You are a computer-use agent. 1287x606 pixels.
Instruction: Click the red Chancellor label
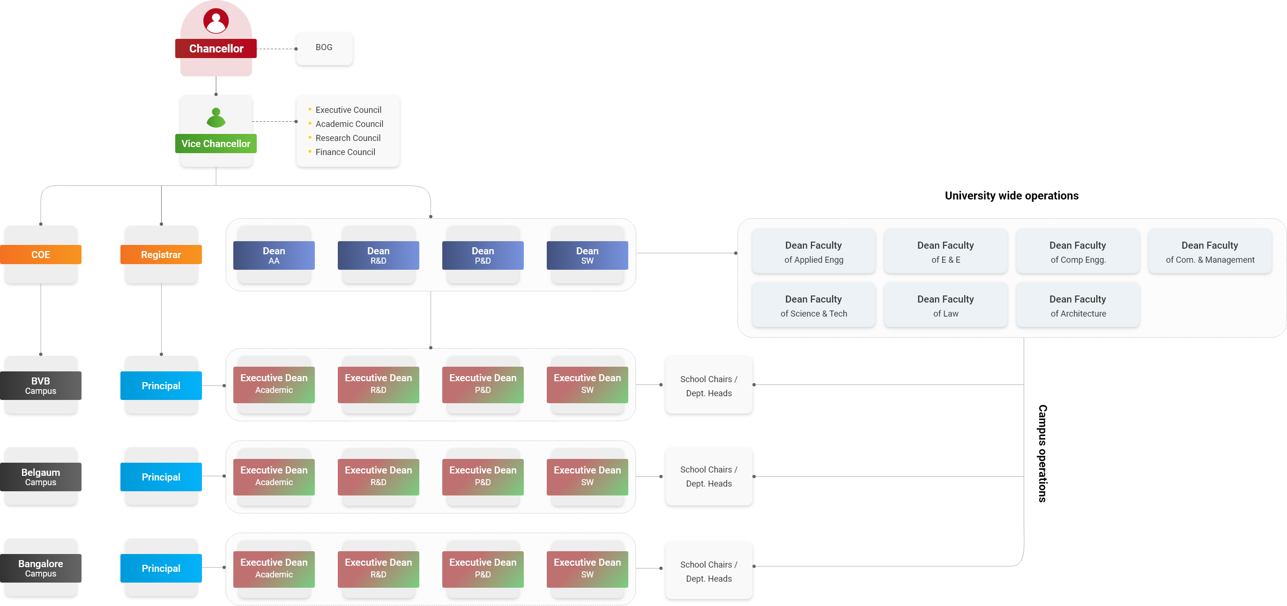click(x=216, y=48)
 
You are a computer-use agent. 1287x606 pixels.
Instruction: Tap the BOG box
click(x=324, y=48)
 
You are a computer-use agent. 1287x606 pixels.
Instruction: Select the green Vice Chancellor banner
click(x=216, y=143)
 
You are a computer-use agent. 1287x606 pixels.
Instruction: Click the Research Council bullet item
click(x=348, y=138)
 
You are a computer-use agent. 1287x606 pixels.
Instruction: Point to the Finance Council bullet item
click(x=345, y=152)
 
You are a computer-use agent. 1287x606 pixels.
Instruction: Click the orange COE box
click(x=40, y=254)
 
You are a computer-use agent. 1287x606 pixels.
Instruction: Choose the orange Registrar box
click(x=161, y=254)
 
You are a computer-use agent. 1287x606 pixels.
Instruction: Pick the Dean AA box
click(x=274, y=255)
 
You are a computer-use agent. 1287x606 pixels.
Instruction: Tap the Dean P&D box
click(x=483, y=255)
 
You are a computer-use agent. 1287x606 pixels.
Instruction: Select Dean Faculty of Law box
click(x=945, y=305)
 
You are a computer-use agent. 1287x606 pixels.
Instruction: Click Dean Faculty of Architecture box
click(x=1078, y=305)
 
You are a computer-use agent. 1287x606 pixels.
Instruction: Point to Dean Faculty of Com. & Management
click(x=1210, y=251)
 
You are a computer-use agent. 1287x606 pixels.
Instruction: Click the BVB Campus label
click(x=40, y=385)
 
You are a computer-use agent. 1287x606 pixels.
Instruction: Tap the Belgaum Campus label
click(x=40, y=477)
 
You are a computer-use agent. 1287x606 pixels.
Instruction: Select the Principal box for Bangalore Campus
click(x=161, y=568)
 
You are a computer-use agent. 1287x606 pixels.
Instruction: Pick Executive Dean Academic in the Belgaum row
click(x=274, y=476)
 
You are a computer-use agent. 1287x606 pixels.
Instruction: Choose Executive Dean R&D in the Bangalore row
click(x=378, y=568)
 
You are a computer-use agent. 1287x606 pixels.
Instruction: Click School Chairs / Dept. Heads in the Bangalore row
click(x=708, y=570)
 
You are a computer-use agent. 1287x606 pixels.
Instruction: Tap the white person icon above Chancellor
click(x=216, y=23)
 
